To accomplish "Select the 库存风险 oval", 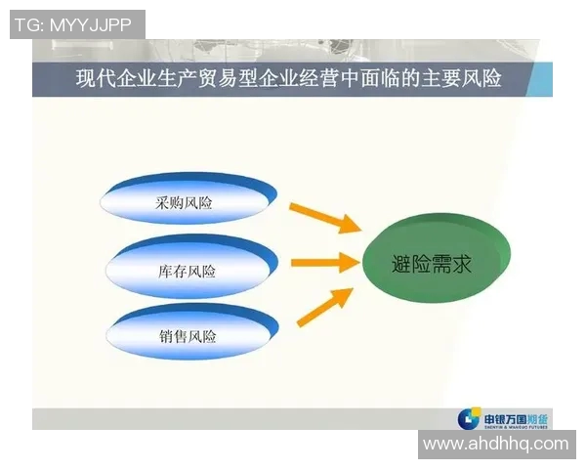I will pos(187,271).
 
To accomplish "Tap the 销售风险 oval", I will pos(187,336).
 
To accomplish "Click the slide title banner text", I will pos(289,78).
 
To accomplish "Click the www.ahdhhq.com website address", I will pos(495,444).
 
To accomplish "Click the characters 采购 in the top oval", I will pos(170,204).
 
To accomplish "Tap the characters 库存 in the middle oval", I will pos(172,271).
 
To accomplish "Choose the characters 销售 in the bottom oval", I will pos(172,336).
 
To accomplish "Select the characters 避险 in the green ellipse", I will pos(411,263).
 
